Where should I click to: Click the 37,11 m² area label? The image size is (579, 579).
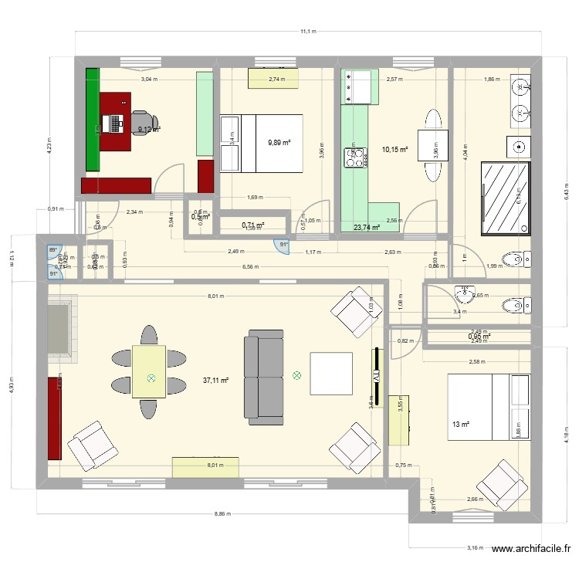pos(215,381)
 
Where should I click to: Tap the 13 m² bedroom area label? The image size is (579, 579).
pos(461,424)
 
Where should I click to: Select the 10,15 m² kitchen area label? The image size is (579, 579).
pos(394,150)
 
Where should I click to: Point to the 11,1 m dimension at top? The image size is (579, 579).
pos(308,32)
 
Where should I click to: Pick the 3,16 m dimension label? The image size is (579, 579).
pos(476,547)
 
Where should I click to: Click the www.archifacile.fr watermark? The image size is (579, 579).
pos(530,550)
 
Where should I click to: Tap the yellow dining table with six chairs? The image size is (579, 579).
pos(151,371)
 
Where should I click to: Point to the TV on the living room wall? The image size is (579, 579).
pos(377,377)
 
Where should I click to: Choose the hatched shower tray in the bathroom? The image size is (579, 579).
pos(506,197)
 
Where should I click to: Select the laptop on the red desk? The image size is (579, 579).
pos(116,122)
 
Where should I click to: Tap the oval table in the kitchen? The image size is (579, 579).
pos(430,136)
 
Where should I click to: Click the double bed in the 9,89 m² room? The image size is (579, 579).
pos(262,143)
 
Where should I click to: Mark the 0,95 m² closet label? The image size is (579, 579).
pos(479,337)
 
